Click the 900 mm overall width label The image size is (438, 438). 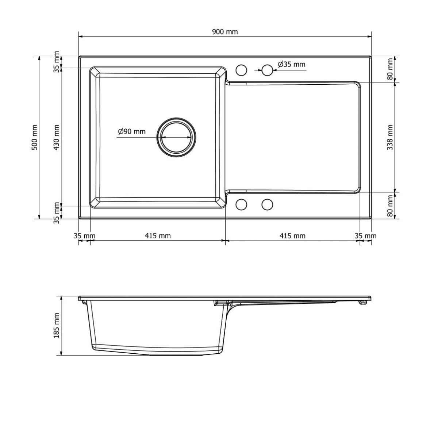coord(225,32)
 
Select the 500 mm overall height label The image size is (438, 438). coord(35,138)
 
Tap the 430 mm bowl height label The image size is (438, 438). coord(56,138)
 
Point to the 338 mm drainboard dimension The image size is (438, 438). coord(390,138)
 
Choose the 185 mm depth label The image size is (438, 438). coord(56,325)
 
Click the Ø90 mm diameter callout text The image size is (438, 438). coord(131,131)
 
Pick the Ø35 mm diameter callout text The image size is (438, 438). coord(291,65)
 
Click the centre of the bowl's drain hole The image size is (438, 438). coord(177,138)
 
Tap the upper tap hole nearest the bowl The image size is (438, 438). coord(241,70)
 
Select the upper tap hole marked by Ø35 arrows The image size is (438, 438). coord(267,70)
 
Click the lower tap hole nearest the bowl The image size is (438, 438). coord(241,205)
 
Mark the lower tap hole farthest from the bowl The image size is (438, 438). coord(267,205)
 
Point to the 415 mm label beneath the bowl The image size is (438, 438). coord(158,236)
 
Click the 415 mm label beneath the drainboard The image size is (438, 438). coord(292,236)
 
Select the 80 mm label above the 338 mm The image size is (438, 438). coord(390,69)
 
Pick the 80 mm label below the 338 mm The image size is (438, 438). coord(390,206)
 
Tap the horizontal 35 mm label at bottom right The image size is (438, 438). coord(366,236)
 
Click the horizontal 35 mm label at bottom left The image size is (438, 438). coord(84,236)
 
